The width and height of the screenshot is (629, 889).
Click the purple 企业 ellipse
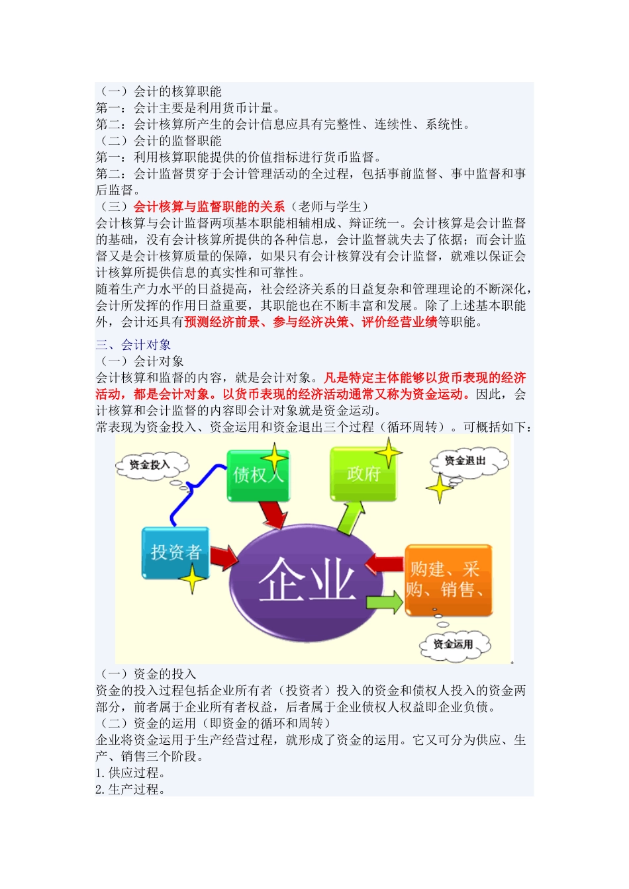[307, 578]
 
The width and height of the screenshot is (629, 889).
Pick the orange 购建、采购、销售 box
[448, 580]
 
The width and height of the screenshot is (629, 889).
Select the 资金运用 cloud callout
[454, 644]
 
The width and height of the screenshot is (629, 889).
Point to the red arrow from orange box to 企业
[385, 564]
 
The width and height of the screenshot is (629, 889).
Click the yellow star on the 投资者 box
[193, 579]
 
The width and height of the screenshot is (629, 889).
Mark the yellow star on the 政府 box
[388, 453]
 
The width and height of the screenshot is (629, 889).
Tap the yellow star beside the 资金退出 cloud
[439, 489]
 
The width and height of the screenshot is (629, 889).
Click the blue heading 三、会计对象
[133, 345]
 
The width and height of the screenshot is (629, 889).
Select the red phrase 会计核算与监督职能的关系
[209, 207]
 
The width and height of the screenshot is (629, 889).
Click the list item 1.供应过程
[130, 773]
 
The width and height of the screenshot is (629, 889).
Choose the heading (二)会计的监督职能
[159, 141]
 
